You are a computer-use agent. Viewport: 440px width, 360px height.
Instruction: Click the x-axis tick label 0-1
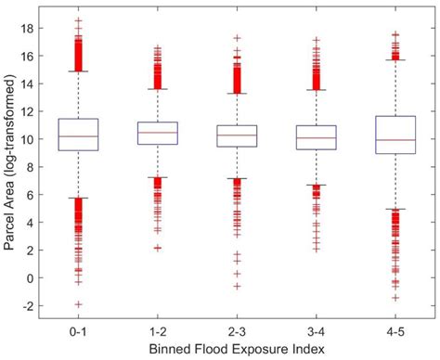coord(78,331)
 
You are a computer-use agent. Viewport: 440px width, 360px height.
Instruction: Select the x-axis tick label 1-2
coord(157,331)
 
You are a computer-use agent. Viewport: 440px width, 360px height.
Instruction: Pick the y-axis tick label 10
coord(26,139)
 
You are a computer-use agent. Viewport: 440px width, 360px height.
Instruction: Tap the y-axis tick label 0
coord(29,277)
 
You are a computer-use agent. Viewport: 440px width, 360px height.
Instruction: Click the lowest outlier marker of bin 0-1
coord(78,304)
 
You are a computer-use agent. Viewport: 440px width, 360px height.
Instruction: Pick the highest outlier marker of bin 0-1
coord(78,19)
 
